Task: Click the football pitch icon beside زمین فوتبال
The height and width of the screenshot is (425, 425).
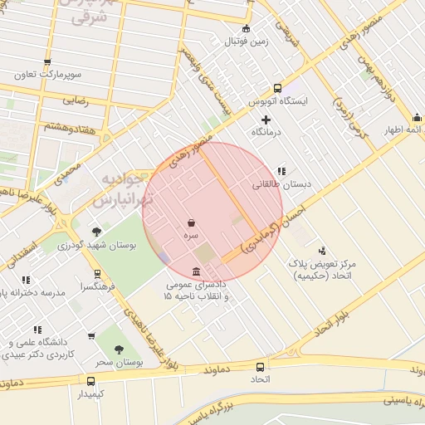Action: pos(245,28)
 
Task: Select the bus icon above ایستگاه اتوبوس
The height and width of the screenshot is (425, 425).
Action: pos(277,88)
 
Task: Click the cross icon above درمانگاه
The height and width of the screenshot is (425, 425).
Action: pos(266,120)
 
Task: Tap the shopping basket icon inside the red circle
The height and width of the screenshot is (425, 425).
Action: pos(192,223)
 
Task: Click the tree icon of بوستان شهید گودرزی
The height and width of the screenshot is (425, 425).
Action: pos(97,232)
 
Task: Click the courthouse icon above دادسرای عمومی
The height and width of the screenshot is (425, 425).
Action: pos(195,272)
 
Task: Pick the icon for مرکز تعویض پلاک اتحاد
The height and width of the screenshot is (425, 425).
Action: pos(322,250)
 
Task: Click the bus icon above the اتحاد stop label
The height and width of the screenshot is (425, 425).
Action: pos(261,366)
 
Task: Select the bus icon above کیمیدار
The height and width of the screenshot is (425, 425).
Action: pos(90,381)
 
